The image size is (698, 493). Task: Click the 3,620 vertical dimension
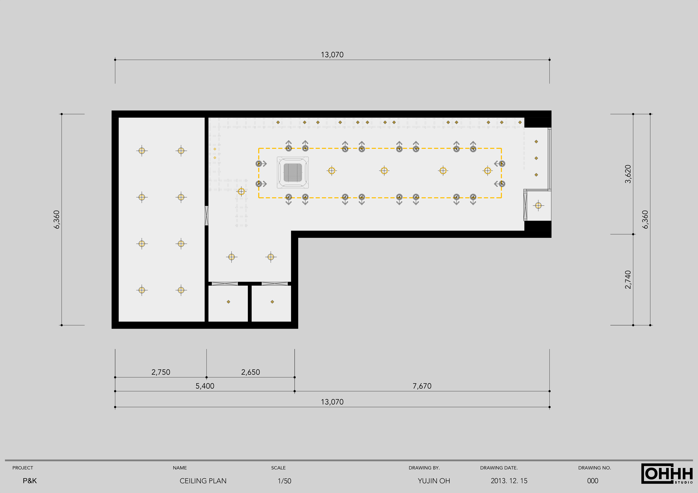click(628, 174)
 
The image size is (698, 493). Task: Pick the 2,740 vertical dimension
click(628, 280)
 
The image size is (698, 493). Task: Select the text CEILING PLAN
click(203, 481)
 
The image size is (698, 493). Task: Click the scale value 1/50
click(285, 481)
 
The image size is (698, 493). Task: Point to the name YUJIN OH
click(434, 481)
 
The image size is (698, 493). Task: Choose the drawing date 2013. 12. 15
click(509, 481)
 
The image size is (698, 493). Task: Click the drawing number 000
click(593, 481)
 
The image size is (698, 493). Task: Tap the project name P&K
click(30, 481)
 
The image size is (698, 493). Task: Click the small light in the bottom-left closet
click(228, 302)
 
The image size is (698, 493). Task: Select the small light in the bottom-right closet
click(272, 302)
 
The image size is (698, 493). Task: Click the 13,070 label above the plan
click(332, 55)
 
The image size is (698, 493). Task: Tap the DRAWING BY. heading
click(424, 468)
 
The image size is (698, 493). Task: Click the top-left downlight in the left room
click(142, 151)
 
